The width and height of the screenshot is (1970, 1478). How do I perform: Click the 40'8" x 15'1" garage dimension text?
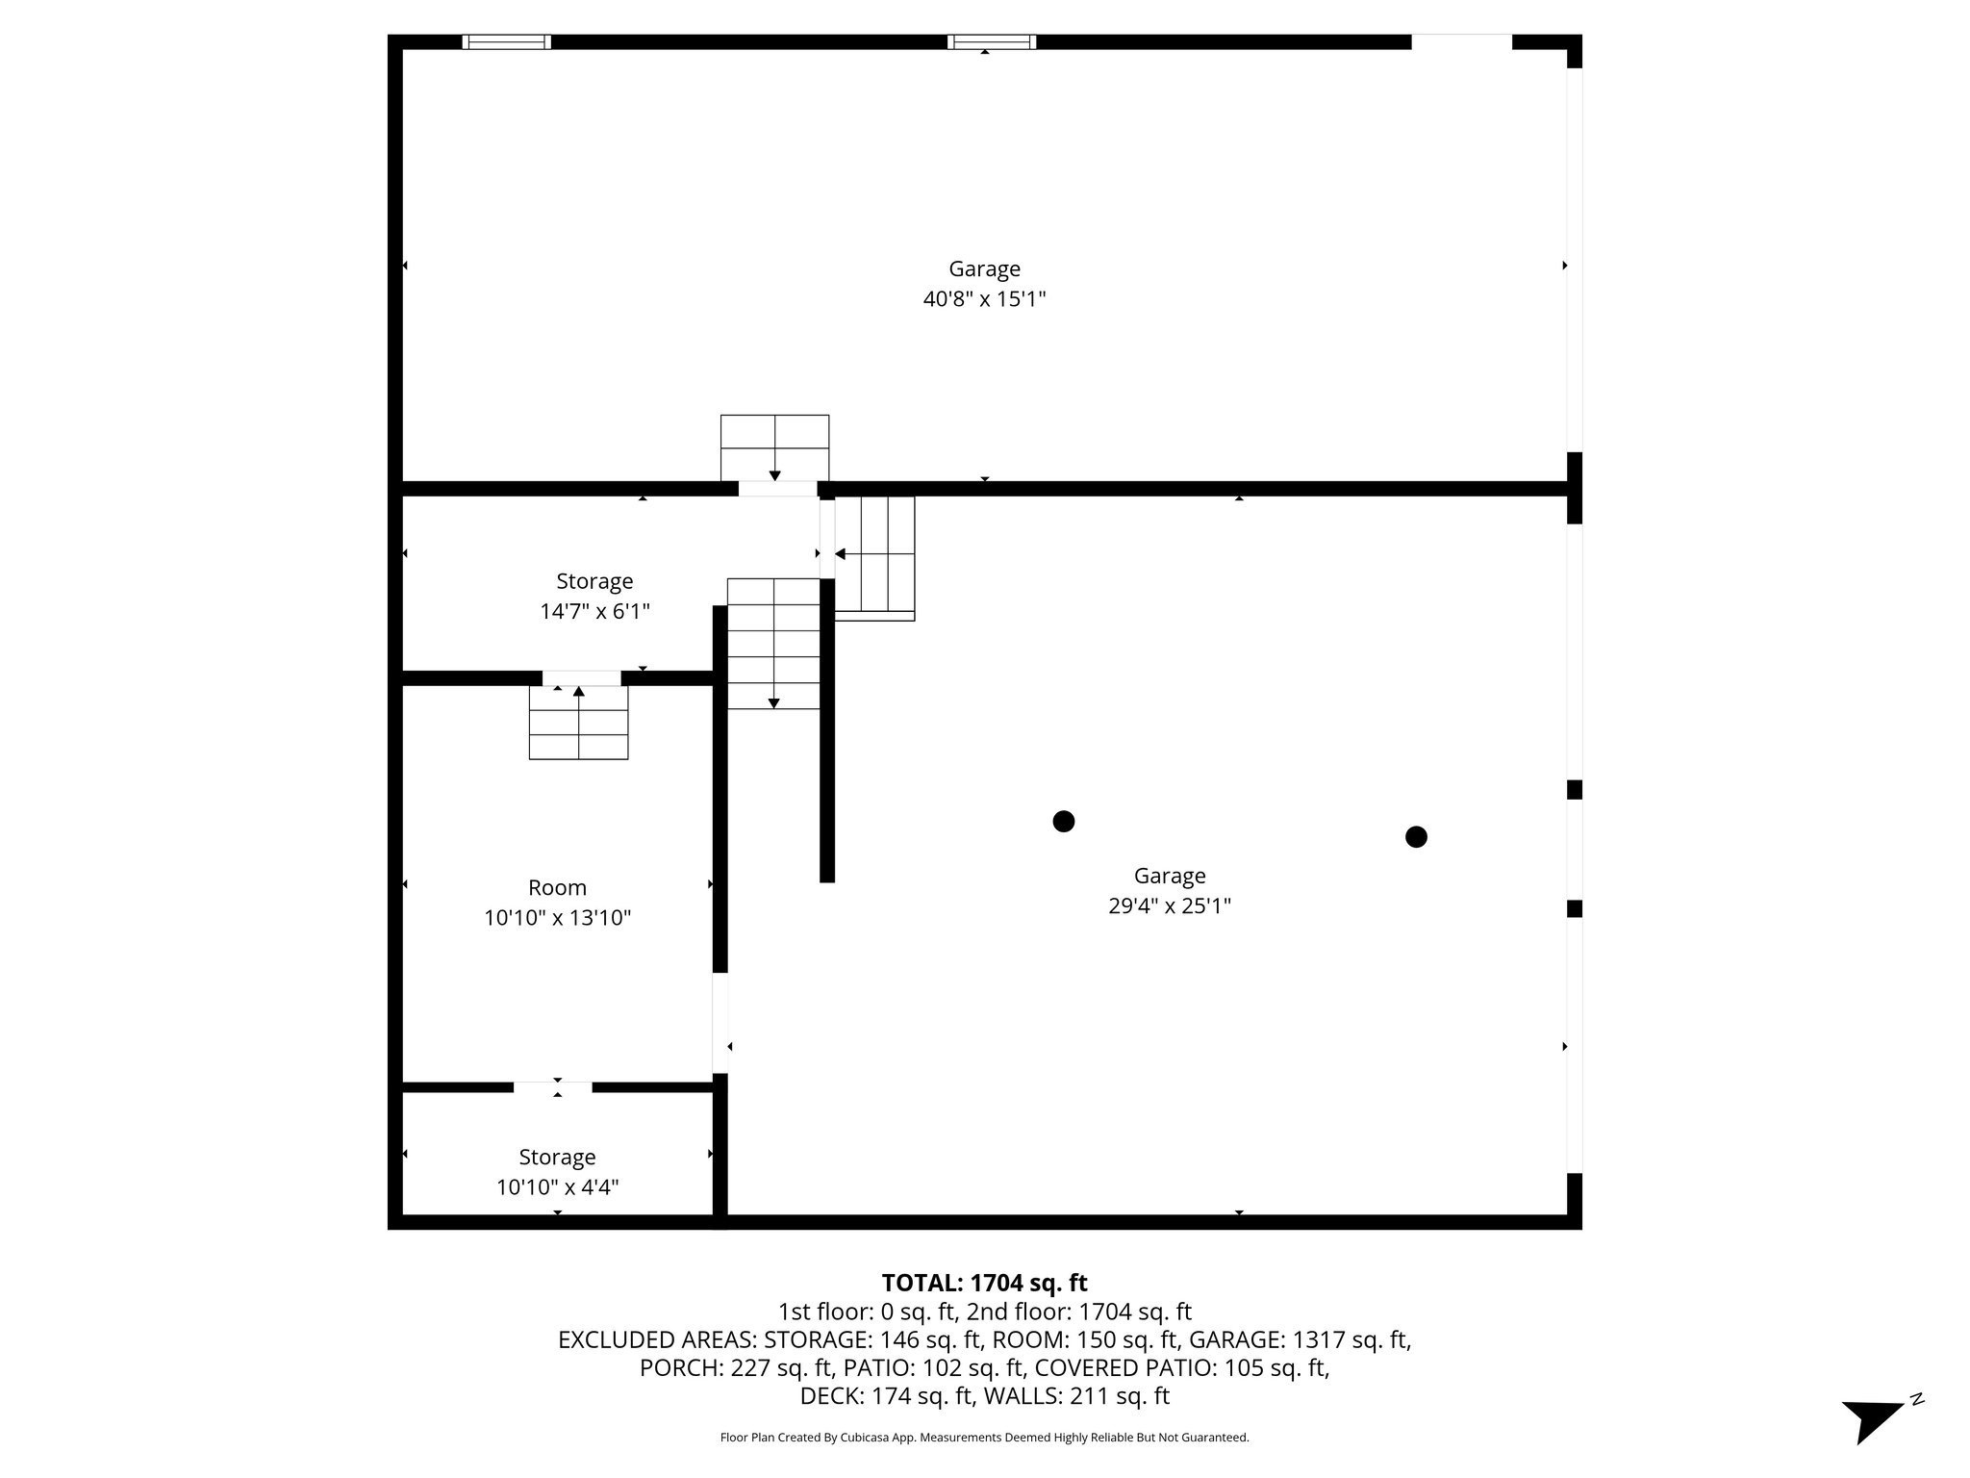pos(984,299)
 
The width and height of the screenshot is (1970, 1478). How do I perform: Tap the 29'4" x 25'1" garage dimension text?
pos(1169,906)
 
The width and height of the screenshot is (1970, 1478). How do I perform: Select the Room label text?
pos(557,887)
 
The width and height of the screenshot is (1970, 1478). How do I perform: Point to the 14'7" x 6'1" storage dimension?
pos(594,611)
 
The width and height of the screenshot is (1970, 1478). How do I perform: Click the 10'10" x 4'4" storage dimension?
pos(557,1187)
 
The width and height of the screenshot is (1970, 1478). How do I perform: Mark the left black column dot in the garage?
pos(1063,821)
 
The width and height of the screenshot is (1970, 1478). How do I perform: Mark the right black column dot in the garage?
pos(1416,837)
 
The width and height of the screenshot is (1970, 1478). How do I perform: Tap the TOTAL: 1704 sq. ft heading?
pos(984,1283)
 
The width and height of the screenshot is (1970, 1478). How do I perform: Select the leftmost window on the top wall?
pos(506,41)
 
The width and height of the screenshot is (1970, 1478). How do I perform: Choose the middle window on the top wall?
pos(991,41)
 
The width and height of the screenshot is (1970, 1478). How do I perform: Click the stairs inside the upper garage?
pos(774,447)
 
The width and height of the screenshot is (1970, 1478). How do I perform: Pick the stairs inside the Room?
pos(578,723)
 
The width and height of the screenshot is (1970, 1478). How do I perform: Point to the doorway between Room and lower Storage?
pos(552,1087)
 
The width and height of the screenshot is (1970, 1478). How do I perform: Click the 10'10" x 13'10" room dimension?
pos(557,918)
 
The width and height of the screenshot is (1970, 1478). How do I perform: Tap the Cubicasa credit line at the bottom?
pos(984,1438)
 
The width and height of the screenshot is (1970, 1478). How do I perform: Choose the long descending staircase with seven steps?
pos(773,643)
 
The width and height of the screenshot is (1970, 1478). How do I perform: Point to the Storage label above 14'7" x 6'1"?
pos(594,581)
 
